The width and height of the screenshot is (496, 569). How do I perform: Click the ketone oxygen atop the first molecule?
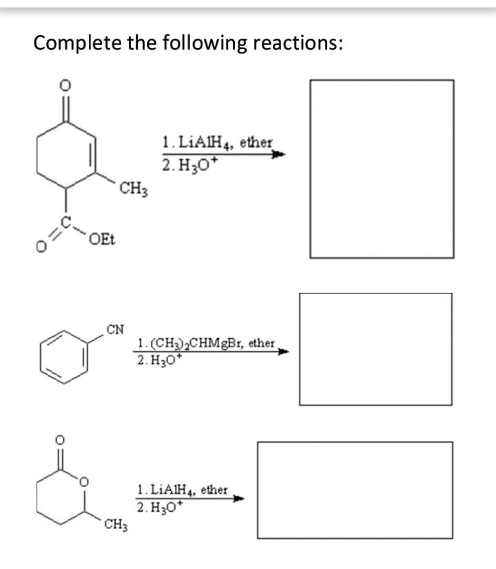[x=66, y=86]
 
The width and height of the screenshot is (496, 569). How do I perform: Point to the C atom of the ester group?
[x=67, y=220]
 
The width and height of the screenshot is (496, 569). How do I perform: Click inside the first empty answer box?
[x=381, y=169]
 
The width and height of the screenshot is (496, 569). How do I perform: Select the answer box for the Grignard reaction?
[x=375, y=349]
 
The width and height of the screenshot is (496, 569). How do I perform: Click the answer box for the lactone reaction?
[x=355, y=490]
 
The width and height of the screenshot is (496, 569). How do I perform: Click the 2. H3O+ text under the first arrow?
[x=182, y=166]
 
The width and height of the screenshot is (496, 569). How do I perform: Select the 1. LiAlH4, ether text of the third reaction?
[x=183, y=490]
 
